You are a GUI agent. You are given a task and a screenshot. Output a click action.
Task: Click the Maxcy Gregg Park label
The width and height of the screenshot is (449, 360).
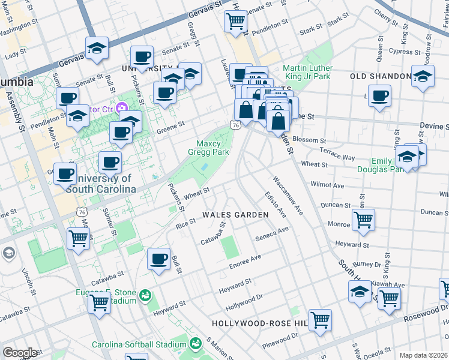point(213,148)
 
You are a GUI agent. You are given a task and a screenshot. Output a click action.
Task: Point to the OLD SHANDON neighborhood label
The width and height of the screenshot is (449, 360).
point(379,76)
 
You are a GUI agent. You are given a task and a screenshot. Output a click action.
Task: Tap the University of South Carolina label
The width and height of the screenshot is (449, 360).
point(100,184)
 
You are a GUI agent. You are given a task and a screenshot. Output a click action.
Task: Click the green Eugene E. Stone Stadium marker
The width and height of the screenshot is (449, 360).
point(145,296)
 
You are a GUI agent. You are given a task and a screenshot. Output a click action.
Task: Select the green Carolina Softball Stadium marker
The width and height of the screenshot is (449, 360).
point(195,344)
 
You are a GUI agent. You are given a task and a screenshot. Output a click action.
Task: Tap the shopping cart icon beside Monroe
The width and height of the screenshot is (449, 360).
point(364,220)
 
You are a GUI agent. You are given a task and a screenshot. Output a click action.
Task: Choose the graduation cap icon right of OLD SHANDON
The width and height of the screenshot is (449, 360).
point(423,76)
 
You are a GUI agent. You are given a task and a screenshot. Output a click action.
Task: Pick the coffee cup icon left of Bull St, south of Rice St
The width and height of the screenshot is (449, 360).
point(158,259)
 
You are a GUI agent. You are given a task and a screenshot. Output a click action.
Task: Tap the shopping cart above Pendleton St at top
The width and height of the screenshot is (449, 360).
point(235,21)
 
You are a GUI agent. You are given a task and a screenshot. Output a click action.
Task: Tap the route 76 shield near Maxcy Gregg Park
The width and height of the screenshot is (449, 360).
point(235,124)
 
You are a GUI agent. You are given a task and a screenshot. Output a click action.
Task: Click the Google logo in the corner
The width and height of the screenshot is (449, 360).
point(20,353)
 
